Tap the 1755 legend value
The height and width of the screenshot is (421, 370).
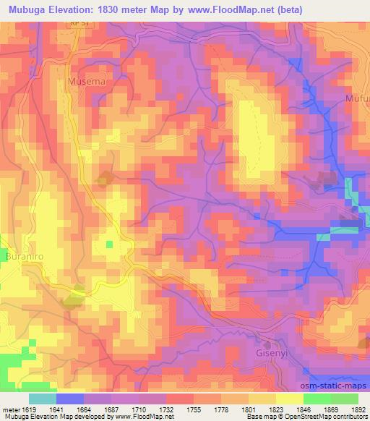pyautogui.click(x=194, y=409)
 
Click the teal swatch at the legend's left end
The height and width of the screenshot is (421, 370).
pyautogui.click(x=43, y=399)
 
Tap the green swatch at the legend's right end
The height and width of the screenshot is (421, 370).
pyautogui.click(x=344, y=399)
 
